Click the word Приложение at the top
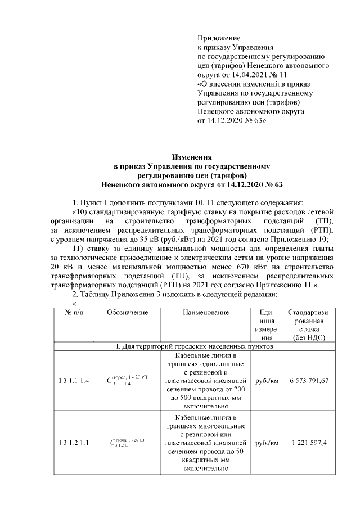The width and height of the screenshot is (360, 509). click(x=219, y=38)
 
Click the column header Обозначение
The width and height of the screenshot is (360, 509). click(x=127, y=312)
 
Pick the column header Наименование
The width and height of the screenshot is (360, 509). click(x=205, y=312)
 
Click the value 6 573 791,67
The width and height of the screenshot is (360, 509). click(x=309, y=381)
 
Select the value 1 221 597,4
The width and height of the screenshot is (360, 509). click(x=309, y=443)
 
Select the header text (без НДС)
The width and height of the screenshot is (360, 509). click(x=309, y=337)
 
